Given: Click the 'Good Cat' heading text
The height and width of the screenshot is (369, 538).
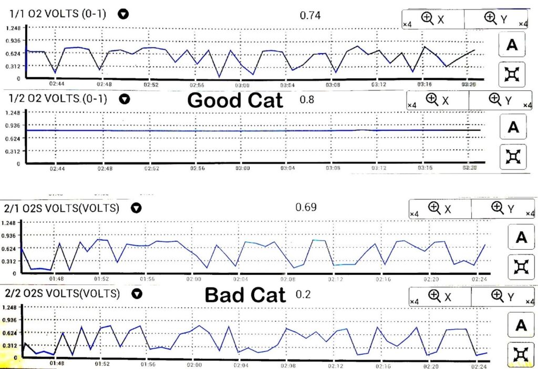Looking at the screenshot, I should click(235, 100).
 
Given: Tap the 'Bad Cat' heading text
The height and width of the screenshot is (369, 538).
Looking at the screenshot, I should click(245, 295).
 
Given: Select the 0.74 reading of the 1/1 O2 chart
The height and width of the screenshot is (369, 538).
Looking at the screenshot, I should click(310, 15).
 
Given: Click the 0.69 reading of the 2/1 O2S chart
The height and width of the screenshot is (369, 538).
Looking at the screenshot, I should click(306, 207).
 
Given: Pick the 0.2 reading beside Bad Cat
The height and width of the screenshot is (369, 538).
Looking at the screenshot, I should click(303, 294).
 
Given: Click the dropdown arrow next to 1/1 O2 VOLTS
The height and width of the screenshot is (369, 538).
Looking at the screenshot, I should click(123, 14).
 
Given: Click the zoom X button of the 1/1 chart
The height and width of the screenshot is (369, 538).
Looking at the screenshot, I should click(433, 19).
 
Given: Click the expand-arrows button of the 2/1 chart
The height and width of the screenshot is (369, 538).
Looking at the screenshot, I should click(521, 267).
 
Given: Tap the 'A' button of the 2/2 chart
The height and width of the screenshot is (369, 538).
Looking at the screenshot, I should click(521, 325).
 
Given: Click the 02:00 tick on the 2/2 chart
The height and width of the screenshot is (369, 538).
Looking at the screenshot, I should click(194, 363).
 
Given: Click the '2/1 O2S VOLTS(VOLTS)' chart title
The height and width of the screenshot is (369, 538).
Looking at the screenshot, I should click(61, 208).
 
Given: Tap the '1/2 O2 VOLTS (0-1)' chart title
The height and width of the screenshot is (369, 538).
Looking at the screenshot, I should click(58, 98).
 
